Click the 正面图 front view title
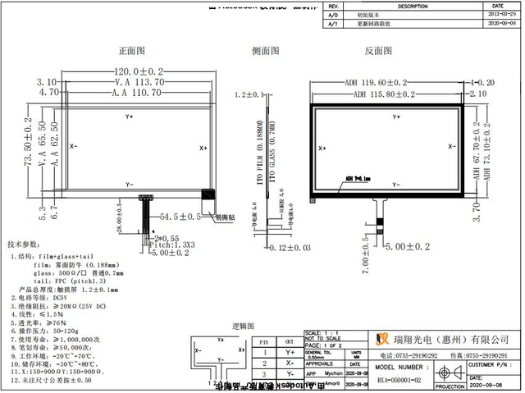132,51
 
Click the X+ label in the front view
203,148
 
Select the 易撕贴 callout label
226,218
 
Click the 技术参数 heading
24,244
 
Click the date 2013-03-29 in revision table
502,15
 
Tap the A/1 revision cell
332,25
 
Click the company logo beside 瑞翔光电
381,339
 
